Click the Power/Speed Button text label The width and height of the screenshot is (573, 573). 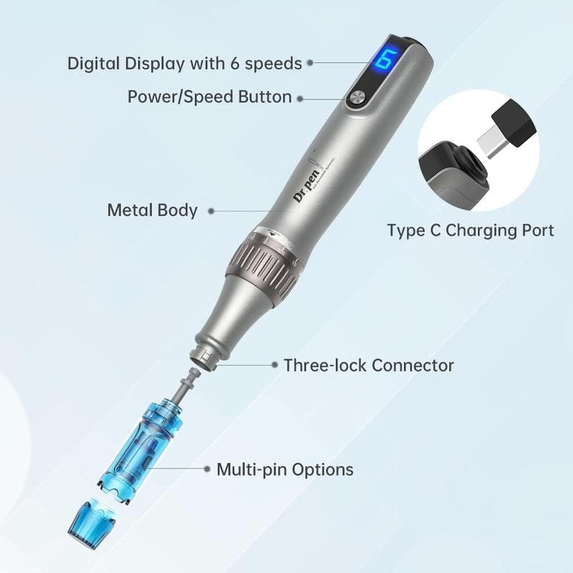209,97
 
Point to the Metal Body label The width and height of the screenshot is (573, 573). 152,210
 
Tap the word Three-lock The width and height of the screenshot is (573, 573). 324,365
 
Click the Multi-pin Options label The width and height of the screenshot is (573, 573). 284,470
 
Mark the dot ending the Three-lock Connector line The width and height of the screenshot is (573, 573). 275,365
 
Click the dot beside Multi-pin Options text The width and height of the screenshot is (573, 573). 208,470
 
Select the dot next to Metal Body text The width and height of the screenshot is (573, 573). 212,211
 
